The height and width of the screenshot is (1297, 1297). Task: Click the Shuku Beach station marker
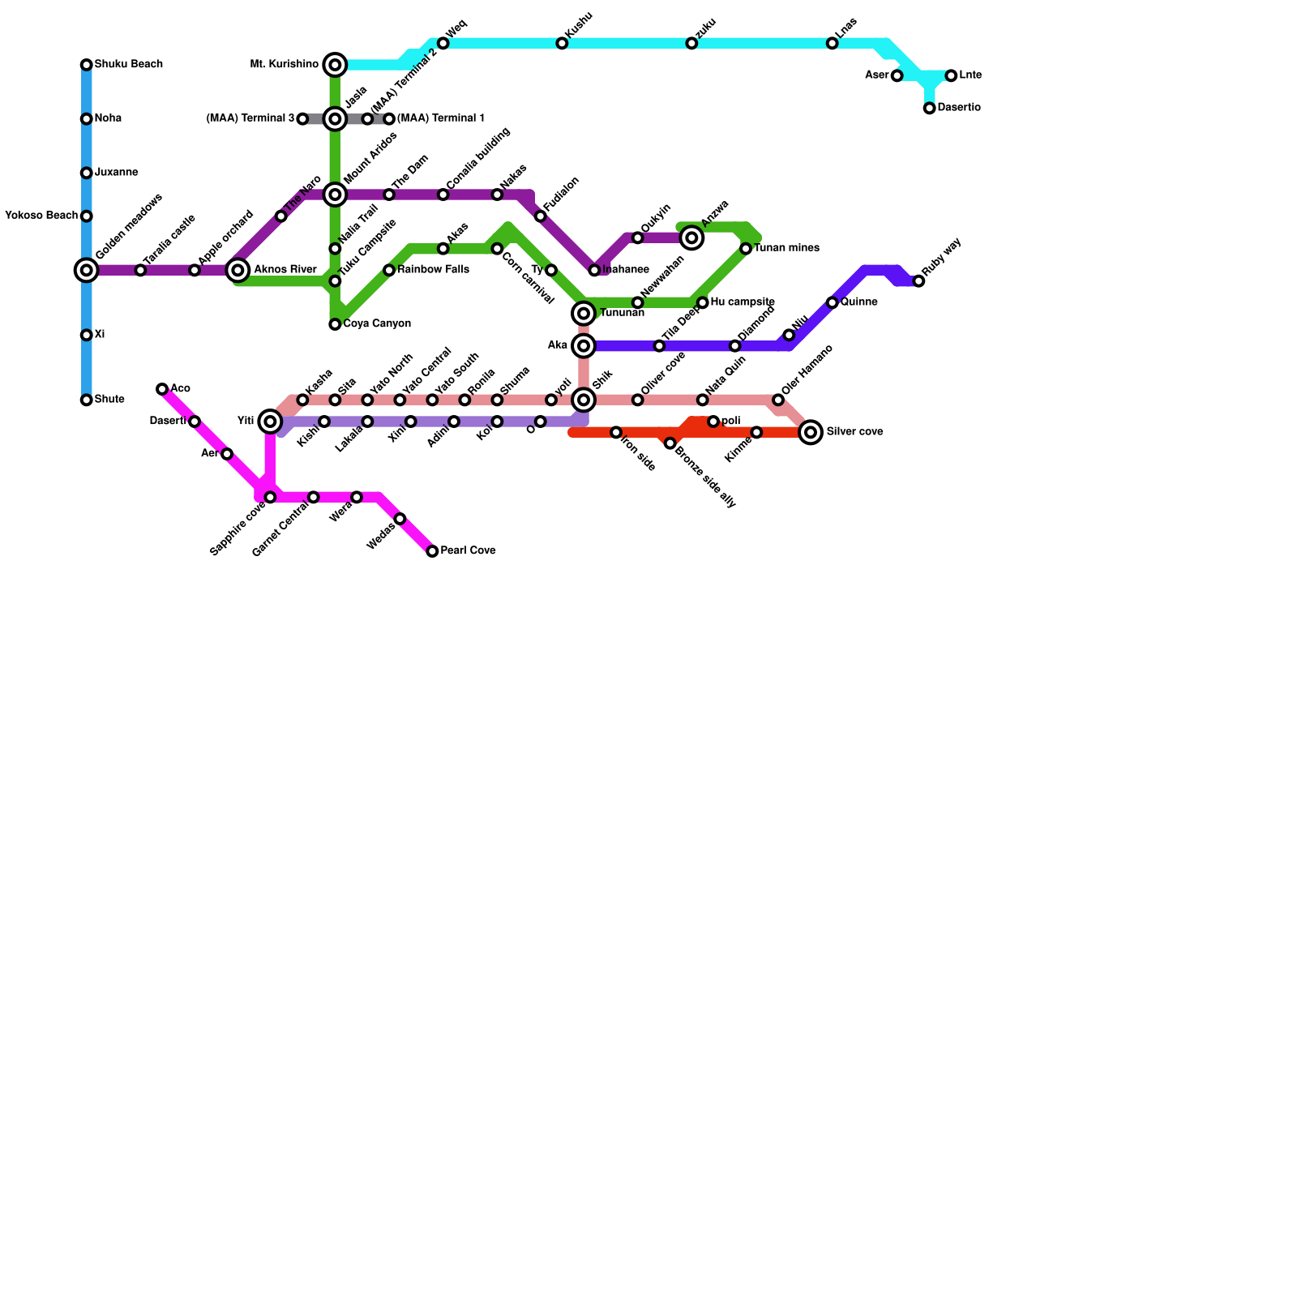tap(86, 65)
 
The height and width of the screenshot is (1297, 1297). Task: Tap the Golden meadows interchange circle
tap(86, 270)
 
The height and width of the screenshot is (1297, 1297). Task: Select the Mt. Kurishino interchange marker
tap(335, 65)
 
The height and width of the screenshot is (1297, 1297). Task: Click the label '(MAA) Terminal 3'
tap(250, 119)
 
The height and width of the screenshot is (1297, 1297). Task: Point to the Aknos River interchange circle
tap(238, 270)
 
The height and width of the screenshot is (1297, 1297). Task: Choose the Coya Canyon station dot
tap(335, 324)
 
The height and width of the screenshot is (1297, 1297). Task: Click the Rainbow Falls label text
tap(433, 270)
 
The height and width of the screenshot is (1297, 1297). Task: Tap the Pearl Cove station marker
tap(432, 551)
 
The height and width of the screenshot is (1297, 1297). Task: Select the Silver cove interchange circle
tap(811, 432)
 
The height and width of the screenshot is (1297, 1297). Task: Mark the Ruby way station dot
tap(918, 281)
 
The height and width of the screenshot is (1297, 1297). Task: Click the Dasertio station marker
tap(930, 109)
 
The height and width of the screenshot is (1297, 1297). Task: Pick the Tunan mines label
tap(786, 249)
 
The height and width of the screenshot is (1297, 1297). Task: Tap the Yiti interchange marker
tap(270, 422)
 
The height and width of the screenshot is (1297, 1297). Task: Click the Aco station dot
tap(162, 389)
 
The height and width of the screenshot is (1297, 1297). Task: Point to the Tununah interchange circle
tap(584, 314)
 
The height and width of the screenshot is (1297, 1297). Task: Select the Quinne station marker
tap(832, 302)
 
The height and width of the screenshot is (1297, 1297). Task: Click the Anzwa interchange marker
tap(691, 238)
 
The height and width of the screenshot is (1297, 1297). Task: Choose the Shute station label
tap(109, 400)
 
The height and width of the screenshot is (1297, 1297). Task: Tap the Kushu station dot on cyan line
tap(562, 43)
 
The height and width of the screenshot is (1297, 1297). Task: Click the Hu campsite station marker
tap(703, 302)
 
